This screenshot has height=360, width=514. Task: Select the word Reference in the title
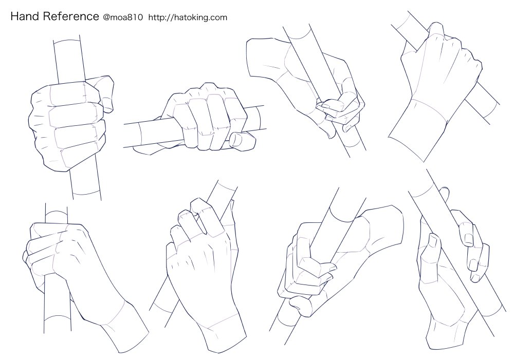[71, 16]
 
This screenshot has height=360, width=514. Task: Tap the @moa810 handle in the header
[123, 17]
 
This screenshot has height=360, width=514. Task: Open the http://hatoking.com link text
[188, 17]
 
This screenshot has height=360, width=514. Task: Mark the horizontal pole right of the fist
[255, 119]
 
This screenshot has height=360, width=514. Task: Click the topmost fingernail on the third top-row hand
[323, 105]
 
